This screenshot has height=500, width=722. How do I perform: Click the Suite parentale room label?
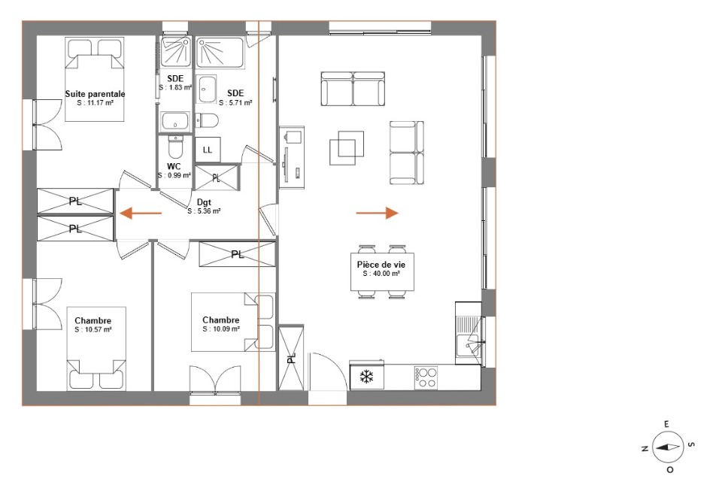coord(95,94)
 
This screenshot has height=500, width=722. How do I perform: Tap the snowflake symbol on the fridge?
coord(366,377)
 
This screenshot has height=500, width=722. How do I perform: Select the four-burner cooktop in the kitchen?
coord(426,378)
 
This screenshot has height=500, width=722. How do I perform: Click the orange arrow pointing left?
coord(141,214)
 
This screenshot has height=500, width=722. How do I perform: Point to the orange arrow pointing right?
coord(377,213)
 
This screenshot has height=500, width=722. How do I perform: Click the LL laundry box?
coord(208,150)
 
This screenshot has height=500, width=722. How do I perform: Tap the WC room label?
coord(174,166)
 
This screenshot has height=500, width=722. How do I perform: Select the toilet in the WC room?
coord(175,145)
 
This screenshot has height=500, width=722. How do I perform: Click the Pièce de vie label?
coord(381,265)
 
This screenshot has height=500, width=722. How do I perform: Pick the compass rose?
coord(667,447)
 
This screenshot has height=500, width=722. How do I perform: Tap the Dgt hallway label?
coord(204,202)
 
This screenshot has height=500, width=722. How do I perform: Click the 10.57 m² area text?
coord(93,329)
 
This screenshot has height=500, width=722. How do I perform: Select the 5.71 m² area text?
coord(235,103)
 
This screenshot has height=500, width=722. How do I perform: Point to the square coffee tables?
coord(347,147)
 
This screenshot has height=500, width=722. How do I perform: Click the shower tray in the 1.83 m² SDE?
coord(175,52)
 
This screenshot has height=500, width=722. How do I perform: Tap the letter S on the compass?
coord(690,444)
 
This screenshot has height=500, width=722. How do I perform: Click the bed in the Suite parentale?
coord(95,80)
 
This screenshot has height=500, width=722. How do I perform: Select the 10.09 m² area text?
coord(221,329)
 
